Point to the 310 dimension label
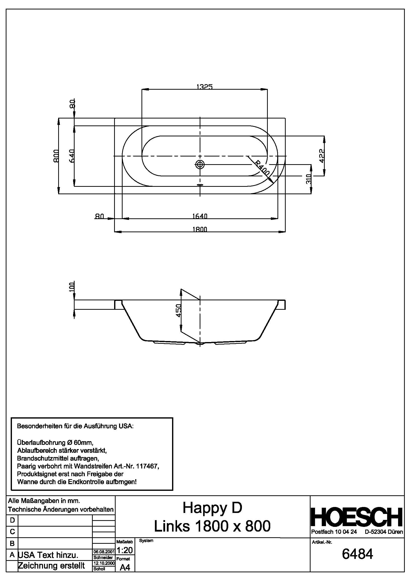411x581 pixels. click(309, 179)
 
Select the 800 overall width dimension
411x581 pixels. click(56, 156)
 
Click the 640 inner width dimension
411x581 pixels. click(72, 156)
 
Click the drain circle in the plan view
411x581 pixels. click(200, 165)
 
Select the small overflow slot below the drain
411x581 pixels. click(200, 185)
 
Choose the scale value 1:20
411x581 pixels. click(125, 550)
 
